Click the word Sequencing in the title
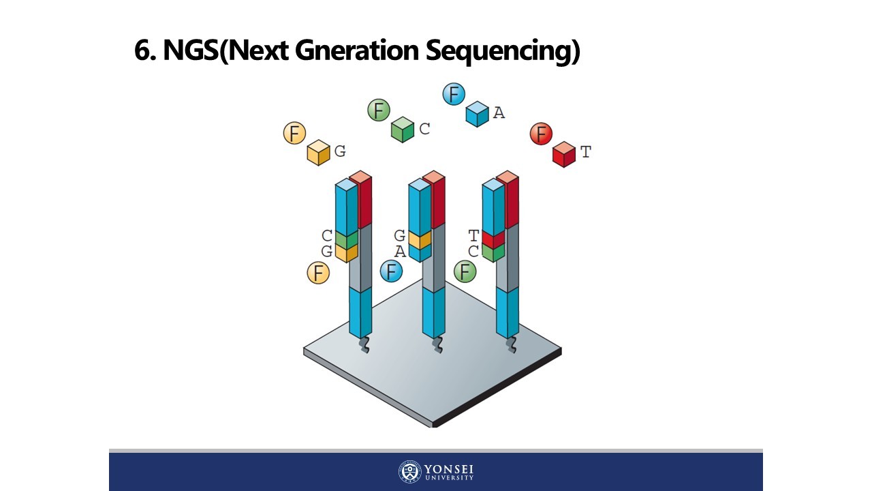(503, 50)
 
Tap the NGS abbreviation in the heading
(191, 50)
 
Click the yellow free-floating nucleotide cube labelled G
(318, 153)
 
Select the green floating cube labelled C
(403, 130)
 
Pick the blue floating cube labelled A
(477, 114)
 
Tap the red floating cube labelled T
(563, 154)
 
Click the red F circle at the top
(541, 134)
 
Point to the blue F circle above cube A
(454, 94)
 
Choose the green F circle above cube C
(379, 110)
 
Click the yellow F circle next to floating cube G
(295, 134)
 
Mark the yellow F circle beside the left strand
(318, 273)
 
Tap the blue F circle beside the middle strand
(391, 271)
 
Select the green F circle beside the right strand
(465, 271)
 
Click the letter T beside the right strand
(473, 236)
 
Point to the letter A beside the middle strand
(400, 252)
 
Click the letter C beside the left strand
(327, 236)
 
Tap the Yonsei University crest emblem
(409, 472)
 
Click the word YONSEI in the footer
(448, 469)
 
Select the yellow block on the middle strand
(420, 239)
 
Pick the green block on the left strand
(346, 239)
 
